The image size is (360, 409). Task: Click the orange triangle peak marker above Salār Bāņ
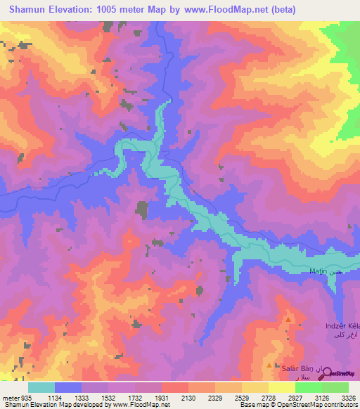[288, 320]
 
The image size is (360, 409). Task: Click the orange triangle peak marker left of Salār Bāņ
[274, 365]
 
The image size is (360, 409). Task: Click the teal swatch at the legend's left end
[41, 387]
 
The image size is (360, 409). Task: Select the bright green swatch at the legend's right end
[335, 387]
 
